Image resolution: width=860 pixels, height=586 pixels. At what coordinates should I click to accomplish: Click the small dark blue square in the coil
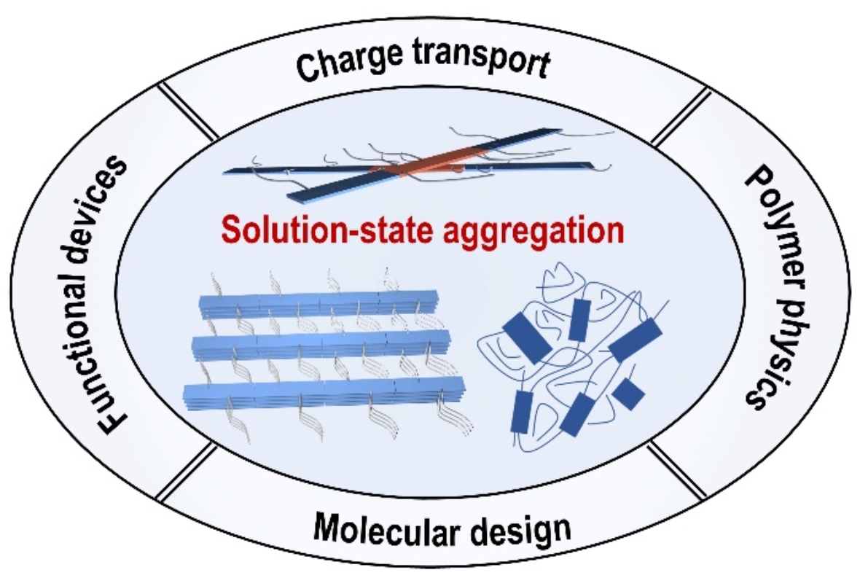[628, 394]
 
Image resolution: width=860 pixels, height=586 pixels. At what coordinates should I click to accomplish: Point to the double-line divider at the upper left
[188, 111]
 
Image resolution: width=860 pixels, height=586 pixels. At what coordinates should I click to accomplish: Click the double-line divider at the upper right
[678, 117]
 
